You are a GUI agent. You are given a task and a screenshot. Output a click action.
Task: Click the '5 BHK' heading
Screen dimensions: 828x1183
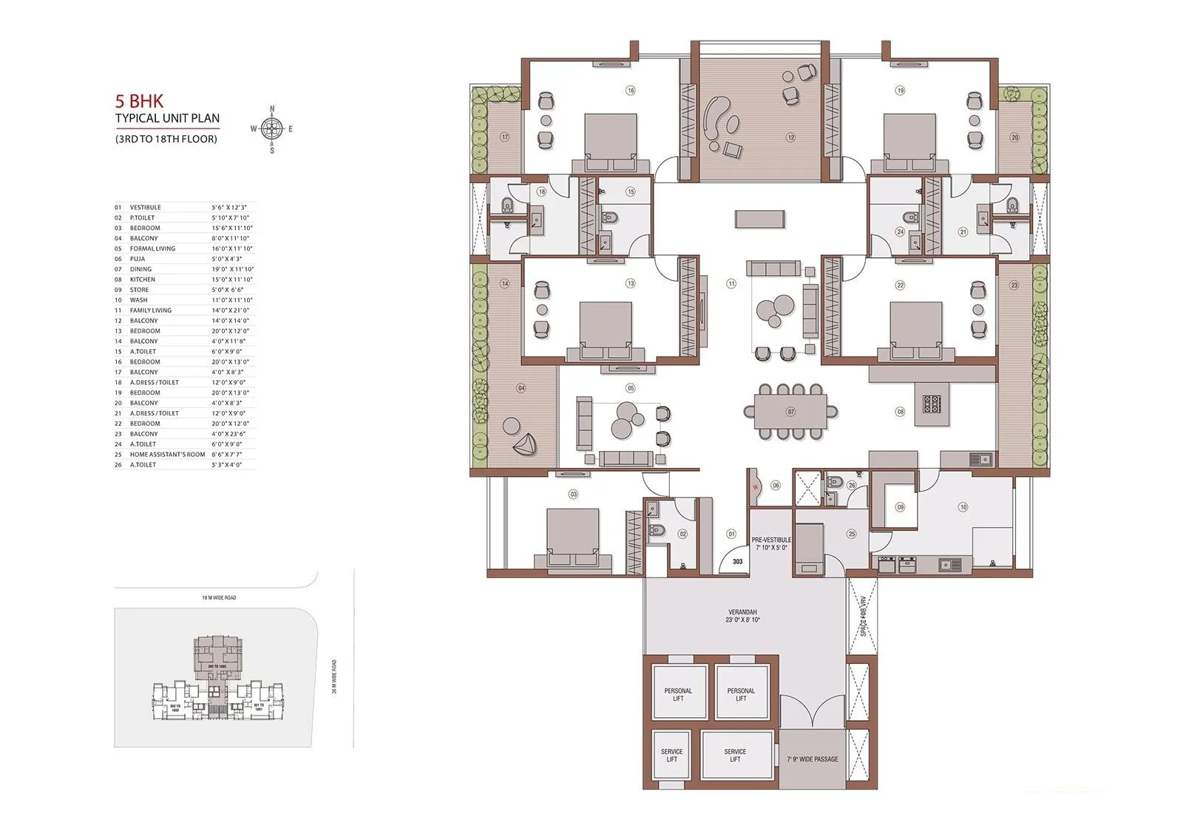point(139,101)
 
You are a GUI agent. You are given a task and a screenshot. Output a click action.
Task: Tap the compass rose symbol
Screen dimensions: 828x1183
point(272,129)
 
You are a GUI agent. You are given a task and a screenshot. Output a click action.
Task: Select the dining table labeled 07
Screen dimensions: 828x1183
point(790,411)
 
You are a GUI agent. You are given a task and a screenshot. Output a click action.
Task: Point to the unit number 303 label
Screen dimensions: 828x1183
point(737,562)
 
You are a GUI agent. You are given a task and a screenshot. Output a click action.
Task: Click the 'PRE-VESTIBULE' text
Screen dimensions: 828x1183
point(770,540)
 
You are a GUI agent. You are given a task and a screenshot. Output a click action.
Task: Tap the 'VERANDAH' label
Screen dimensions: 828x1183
point(742,612)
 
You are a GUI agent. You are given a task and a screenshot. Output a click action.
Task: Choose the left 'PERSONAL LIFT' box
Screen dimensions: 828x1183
point(678,693)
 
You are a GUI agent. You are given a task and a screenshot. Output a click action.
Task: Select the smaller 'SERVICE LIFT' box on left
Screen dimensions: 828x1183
point(671,755)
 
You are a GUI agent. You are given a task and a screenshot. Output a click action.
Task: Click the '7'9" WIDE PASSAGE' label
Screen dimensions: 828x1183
point(812,759)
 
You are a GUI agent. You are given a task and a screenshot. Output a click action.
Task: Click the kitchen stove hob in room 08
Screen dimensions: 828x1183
point(932,404)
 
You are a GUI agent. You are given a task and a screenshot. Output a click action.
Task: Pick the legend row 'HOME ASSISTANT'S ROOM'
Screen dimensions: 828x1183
point(167,455)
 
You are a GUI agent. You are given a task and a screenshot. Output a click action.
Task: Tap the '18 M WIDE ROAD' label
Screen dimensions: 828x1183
point(219,597)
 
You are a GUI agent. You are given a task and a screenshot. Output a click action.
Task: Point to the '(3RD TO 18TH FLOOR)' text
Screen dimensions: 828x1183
point(166,139)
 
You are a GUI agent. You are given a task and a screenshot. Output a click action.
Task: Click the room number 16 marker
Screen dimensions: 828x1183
point(631,91)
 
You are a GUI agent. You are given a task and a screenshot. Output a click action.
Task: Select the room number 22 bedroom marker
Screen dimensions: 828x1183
point(900,285)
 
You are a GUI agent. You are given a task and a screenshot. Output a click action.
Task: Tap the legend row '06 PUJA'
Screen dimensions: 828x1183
point(138,259)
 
